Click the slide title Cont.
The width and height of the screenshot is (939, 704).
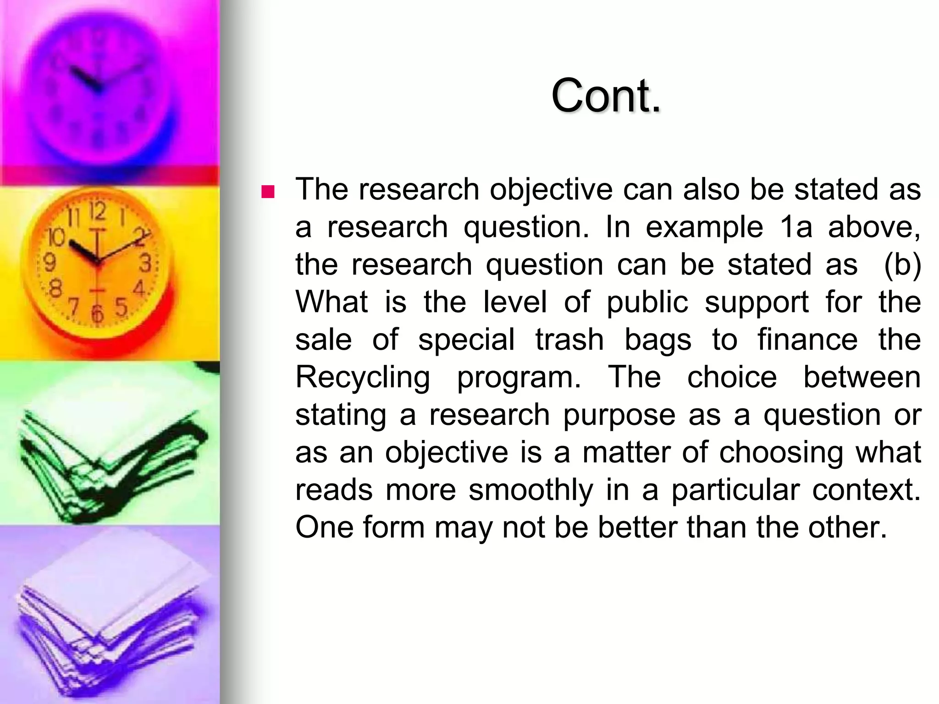(606, 95)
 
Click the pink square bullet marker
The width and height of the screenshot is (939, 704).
(267, 191)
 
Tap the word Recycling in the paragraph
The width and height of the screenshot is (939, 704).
(362, 378)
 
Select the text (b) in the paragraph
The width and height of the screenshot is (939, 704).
(902, 265)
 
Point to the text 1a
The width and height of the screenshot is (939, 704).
(795, 227)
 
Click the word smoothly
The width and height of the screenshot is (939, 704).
(531, 490)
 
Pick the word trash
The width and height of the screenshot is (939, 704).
(569, 340)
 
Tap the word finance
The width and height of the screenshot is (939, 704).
(807, 340)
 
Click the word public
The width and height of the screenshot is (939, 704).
(647, 302)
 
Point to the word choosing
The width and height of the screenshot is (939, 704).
(781, 453)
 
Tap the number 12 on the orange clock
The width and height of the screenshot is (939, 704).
(97, 212)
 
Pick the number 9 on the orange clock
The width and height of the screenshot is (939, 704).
(50, 263)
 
